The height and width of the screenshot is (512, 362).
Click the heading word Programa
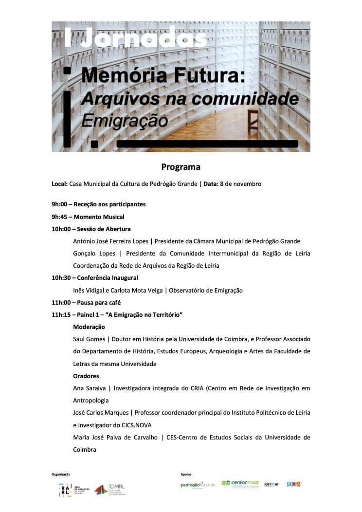[181, 167]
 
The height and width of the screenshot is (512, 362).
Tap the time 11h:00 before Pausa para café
[61, 303]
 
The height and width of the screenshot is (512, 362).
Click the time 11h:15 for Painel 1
[61, 315]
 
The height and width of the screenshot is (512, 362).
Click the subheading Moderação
[89, 327]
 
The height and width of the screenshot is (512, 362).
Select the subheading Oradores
[86, 376]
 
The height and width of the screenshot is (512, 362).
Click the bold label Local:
[59, 184]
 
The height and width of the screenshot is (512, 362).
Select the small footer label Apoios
[186, 474]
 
